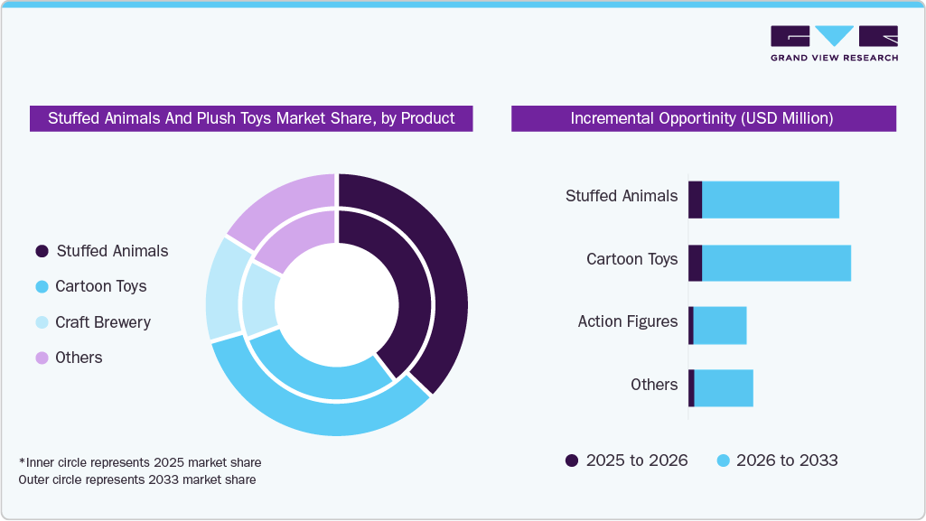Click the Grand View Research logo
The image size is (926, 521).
tap(834, 43)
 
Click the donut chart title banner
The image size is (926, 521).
tap(251, 118)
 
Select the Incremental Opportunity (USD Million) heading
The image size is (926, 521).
tap(703, 118)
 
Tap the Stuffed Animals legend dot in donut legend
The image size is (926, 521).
tap(42, 251)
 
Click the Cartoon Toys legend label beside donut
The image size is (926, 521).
tap(100, 286)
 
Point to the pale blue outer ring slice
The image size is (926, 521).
tap(222, 289)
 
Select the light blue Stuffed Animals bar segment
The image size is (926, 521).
tap(770, 200)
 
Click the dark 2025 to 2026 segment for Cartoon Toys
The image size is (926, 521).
tap(695, 263)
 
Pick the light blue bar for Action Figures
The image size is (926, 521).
tap(719, 325)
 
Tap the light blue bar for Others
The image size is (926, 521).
tap(723, 387)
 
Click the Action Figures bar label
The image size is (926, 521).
tap(627, 321)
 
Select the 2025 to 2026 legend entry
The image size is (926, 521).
tap(627, 461)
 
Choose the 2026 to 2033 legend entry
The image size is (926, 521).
tap(777, 461)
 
